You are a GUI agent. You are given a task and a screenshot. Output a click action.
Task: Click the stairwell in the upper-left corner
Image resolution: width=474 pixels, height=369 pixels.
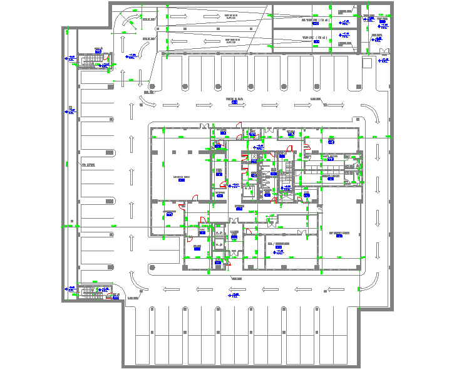pyautogui.click(x=93, y=60)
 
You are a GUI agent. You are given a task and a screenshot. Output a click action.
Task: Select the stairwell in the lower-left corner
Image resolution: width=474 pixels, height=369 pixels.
pyautogui.click(x=92, y=291)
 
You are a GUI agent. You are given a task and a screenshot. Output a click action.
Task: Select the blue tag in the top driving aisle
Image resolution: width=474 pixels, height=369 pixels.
pyautogui.click(x=234, y=102)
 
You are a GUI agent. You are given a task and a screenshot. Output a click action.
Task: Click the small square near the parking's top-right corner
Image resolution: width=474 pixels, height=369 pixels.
pyautogui.click(x=367, y=63)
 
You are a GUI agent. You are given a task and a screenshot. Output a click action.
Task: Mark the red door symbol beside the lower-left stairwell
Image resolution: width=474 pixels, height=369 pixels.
pyautogui.click(x=109, y=297)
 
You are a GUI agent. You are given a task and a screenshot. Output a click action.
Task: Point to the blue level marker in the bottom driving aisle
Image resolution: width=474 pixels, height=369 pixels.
pyautogui.click(x=234, y=294)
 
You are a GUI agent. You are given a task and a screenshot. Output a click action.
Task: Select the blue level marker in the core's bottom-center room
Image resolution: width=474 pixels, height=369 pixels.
pyautogui.click(x=279, y=251)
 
